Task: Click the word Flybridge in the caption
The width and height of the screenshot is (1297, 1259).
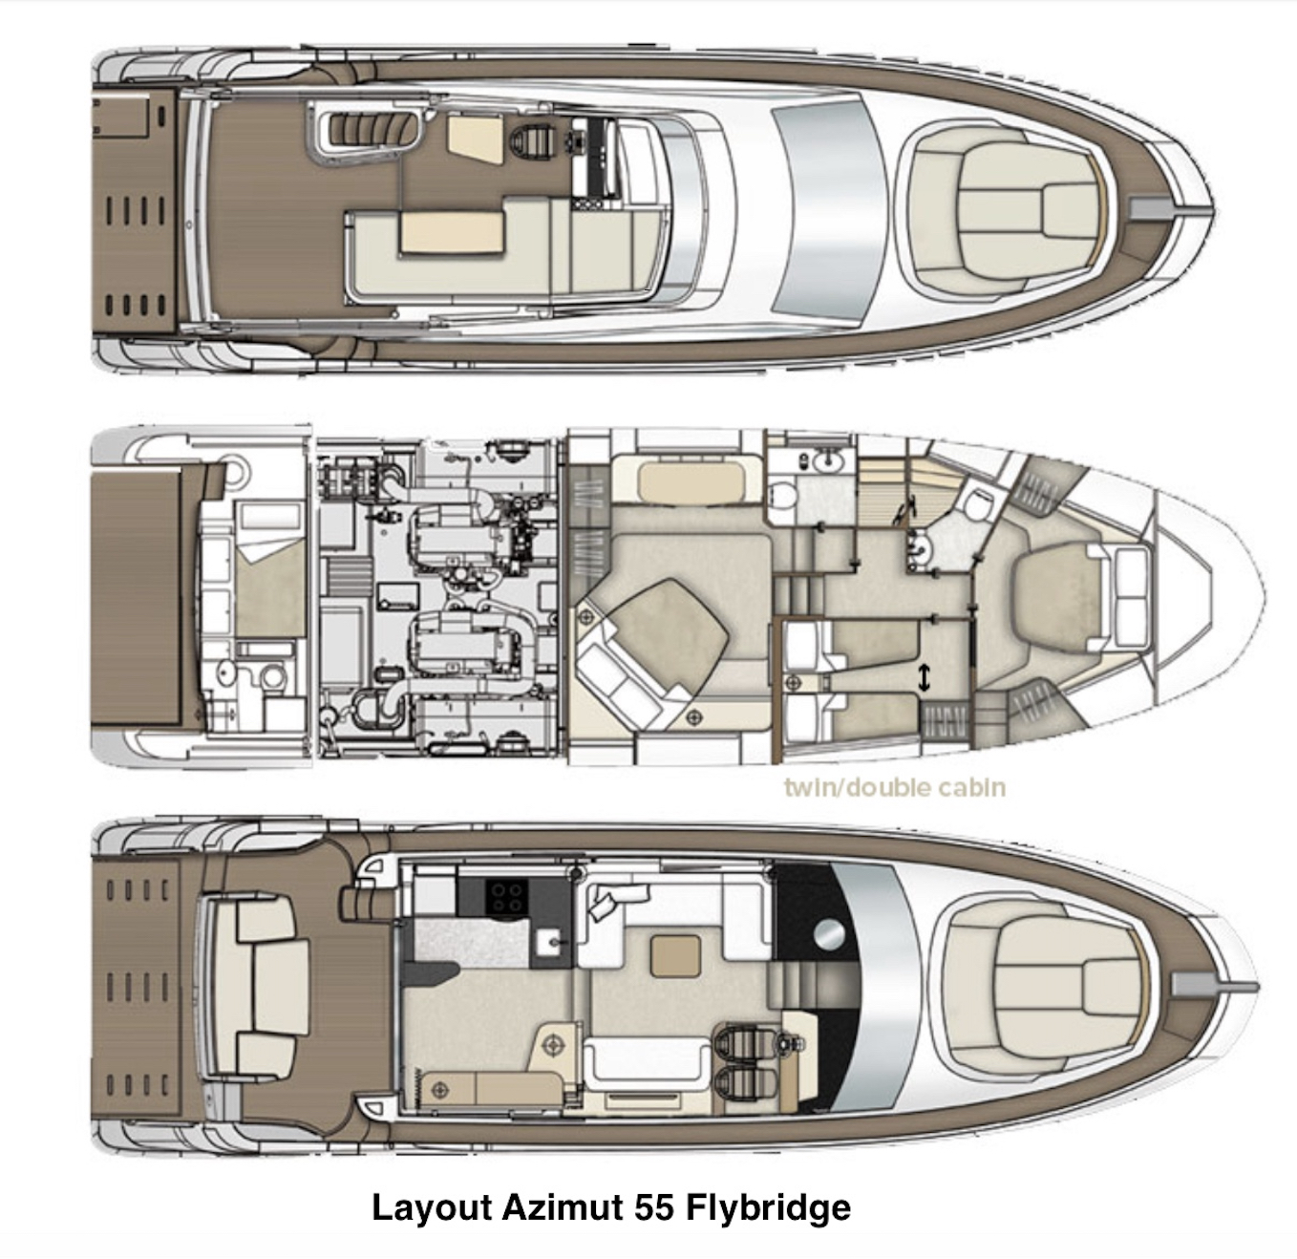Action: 768,1207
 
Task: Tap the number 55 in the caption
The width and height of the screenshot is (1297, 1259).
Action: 653,1206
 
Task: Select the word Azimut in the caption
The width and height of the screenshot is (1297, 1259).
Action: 563,1206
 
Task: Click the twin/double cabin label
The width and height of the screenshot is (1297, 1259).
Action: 895,788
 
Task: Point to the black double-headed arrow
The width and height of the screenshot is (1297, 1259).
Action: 924,678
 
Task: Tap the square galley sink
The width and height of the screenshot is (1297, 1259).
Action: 550,942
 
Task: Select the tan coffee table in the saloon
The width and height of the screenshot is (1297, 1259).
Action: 675,956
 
